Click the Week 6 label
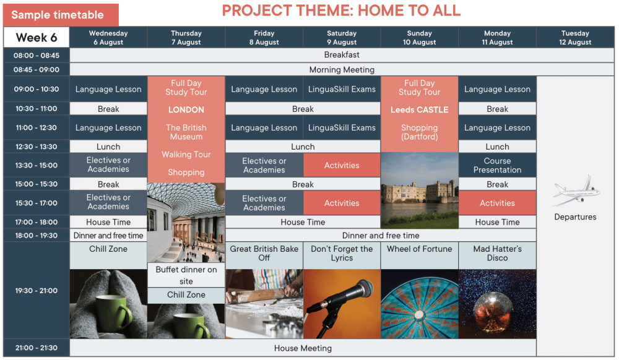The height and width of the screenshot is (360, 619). click(37, 38)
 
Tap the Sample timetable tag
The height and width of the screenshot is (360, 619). click(61, 15)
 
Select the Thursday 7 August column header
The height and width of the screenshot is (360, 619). click(186, 38)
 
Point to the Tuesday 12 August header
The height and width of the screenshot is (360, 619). click(575, 38)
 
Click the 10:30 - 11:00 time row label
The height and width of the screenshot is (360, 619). click(37, 108)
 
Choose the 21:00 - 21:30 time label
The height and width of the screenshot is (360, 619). click(37, 348)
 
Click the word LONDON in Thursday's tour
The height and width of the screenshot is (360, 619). click(186, 109)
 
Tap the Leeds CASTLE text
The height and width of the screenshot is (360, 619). click(419, 109)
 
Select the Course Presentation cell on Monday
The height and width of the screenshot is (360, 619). click(498, 165)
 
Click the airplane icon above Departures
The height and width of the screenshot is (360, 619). click(576, 191)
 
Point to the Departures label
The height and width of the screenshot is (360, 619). click(575, 217)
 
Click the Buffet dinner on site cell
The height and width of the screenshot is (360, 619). click(186, 275)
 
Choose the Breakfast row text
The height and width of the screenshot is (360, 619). click(342, 55)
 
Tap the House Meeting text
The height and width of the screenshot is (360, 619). click(303, 348)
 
